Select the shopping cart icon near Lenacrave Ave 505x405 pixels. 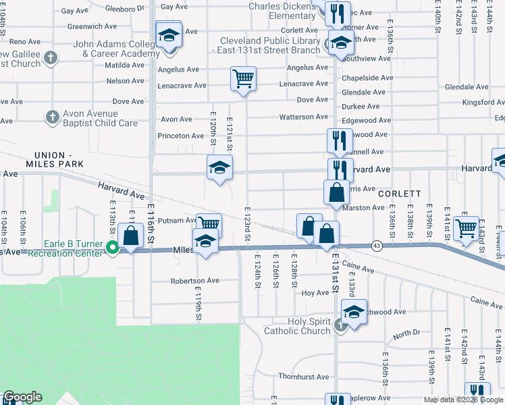point(243,78)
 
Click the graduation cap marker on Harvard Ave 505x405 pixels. point(219,168)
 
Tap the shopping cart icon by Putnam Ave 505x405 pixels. point(209,223)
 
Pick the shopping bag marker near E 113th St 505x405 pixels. point(131,236)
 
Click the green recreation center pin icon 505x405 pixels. point(113,248)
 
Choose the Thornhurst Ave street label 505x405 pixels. point(303,377)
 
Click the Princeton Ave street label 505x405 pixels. point(181,136)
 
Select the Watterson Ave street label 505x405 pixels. point(303,117)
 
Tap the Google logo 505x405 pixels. point(22,397)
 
